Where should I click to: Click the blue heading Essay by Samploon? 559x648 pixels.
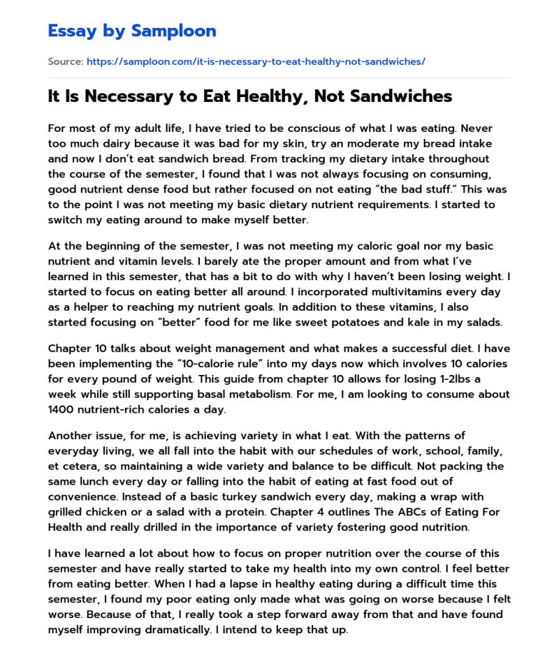click(x=132, y=31)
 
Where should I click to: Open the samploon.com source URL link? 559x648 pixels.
click(x=256, y=61)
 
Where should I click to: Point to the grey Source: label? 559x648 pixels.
click(x=65, y=61)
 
